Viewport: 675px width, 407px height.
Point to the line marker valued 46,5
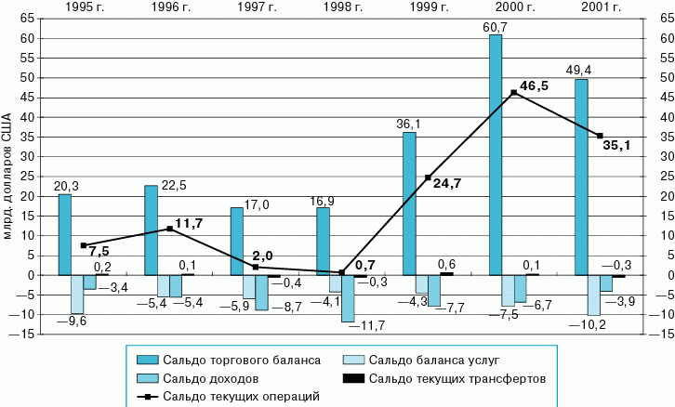(x=513, y=92)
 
